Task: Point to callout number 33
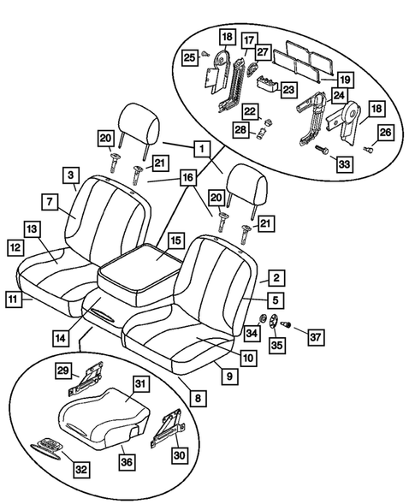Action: (x=343, y=163)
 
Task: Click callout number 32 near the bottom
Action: (x=80, y=469)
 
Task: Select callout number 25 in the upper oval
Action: (x=190, y=56)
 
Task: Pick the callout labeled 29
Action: (x=63, y=370)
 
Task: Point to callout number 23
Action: (x=288, y=88)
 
